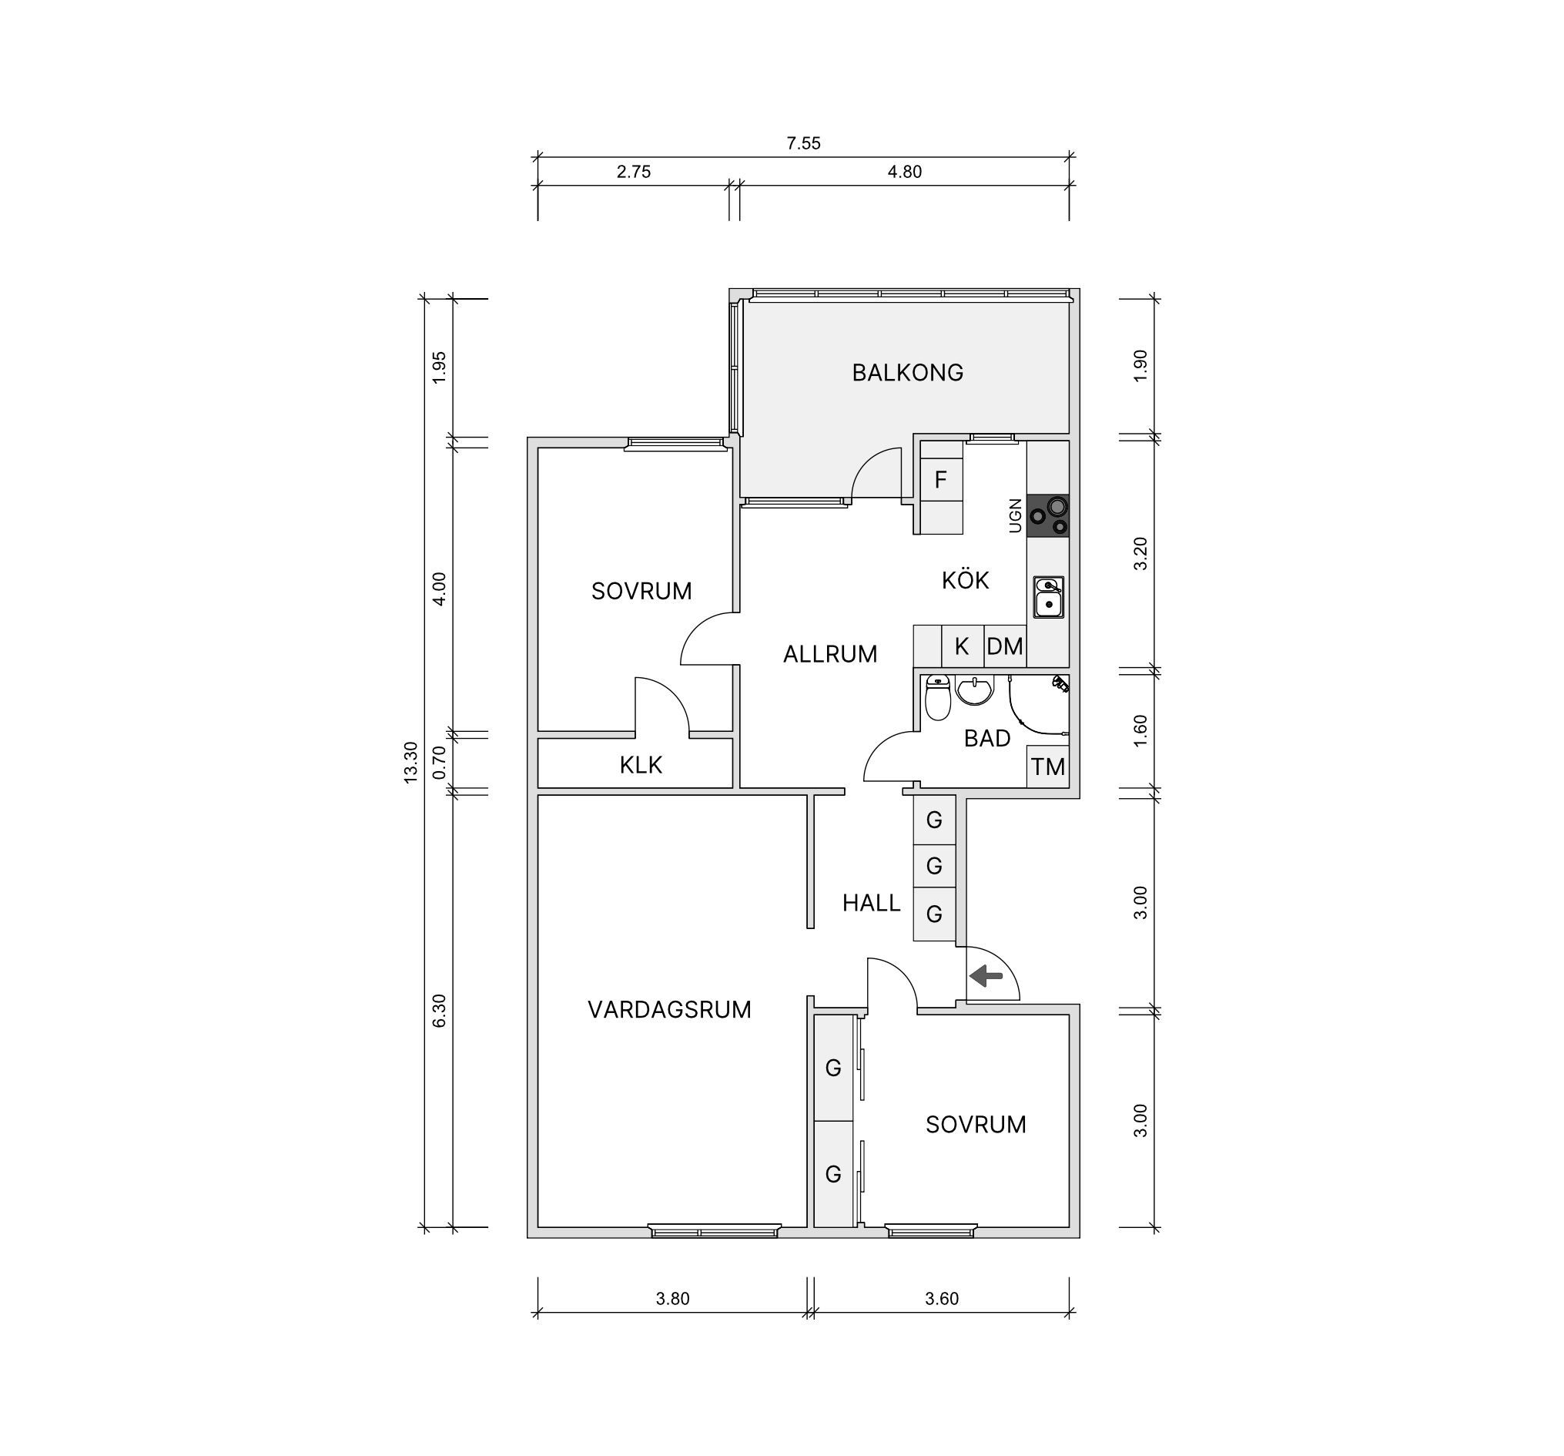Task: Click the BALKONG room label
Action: coord(907,372)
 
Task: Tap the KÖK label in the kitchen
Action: coord(966,580)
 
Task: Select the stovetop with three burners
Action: coord(1048,515)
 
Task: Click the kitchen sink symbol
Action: coord(1049,597)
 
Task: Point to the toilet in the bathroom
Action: coord(937,697)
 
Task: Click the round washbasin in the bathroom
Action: coord(974,690)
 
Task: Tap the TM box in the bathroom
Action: coord(1048,767)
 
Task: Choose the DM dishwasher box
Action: coord(1005,646)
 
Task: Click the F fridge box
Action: coord(941,479)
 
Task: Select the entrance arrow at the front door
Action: coord(986,977)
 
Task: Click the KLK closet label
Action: coord(641,765)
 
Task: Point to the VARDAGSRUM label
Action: coord(669,1010)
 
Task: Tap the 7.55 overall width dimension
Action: coord(803,143)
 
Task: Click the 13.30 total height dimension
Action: coord(410,763)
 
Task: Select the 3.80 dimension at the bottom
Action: coord(672,1299)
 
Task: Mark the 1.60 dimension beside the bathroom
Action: coord(1140,730)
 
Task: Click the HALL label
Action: coord(871,903)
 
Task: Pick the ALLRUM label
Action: coord(830,654)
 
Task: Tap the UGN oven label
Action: coord(1016,515)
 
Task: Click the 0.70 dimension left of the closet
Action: coord(440,762)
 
